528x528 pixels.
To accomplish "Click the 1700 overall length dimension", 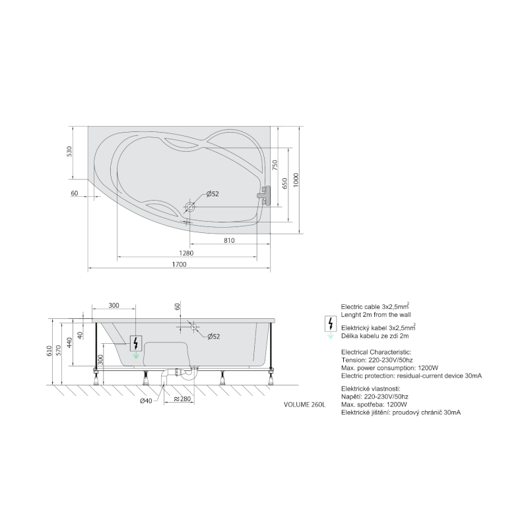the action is (x=179, y=265).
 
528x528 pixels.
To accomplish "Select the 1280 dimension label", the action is (x=186, y=253).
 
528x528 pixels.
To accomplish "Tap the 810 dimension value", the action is (x=229, y=240).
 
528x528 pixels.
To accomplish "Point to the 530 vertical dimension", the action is (x=69, y=152).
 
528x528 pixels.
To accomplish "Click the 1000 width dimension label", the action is (x=296, y=180).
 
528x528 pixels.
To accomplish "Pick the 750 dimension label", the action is (x=275, y=165).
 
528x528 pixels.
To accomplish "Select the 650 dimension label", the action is (x=285, y=183).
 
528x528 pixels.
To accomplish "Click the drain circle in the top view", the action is (x=190, y=207).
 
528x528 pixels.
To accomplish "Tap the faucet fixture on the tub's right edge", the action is (x=263, y=195).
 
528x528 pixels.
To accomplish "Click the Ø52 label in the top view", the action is (x=213, y=194).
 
